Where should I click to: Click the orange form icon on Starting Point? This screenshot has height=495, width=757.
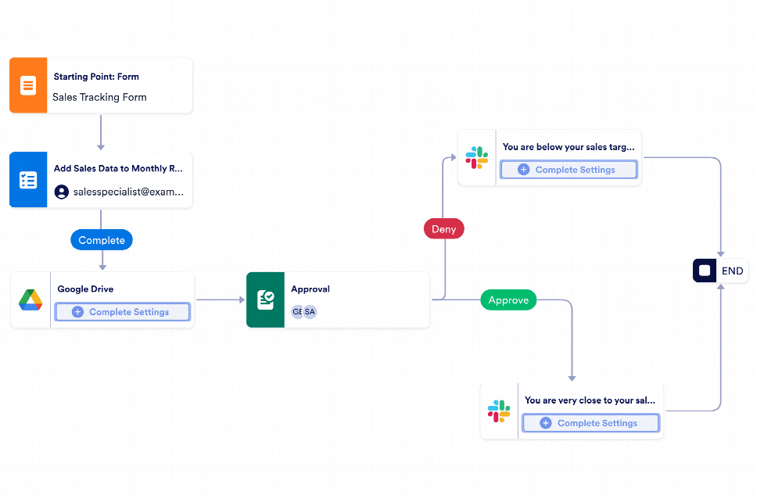28,85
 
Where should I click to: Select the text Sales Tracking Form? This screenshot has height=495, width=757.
99,98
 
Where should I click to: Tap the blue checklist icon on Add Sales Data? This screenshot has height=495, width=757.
28,180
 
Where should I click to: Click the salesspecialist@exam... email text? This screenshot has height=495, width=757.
128,192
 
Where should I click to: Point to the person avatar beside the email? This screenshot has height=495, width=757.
61,192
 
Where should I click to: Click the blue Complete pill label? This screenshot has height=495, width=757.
102,240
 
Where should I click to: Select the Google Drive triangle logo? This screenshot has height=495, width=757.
30,300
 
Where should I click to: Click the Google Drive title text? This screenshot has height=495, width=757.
85,289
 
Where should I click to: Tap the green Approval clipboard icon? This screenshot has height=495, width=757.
265,300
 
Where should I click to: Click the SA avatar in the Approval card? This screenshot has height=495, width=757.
310,311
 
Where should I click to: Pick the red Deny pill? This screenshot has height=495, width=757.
444,229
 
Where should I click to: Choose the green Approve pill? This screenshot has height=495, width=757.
508,300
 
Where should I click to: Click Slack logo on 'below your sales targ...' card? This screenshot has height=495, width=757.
477,157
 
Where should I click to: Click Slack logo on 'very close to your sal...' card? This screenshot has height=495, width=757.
499,411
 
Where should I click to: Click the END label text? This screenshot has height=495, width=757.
732,271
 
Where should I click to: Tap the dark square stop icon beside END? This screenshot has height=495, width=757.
705,271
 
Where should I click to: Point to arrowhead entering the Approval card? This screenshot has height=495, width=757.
241,300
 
